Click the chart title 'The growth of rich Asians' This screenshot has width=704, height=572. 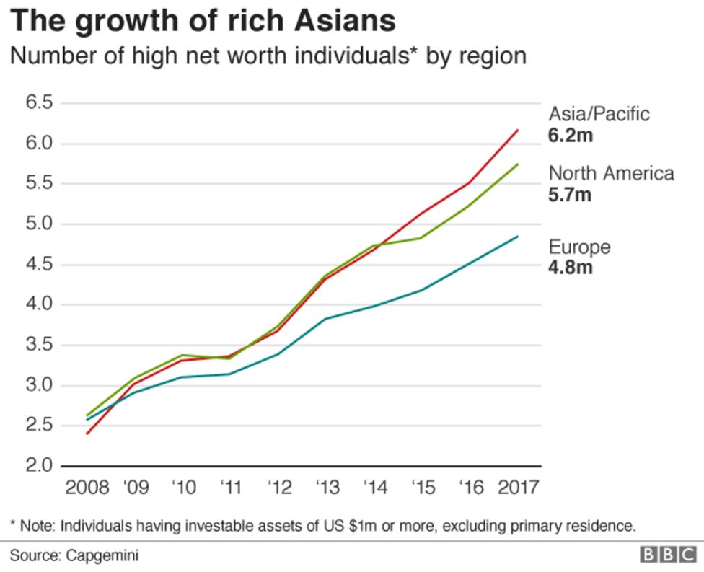point(203,20)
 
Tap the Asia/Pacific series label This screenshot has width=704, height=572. point(599,114)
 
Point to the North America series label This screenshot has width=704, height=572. point(611,173)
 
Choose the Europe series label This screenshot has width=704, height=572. point(579,247)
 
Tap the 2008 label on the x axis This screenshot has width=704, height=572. point(87,488)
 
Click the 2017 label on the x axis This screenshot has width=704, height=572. point(518,488)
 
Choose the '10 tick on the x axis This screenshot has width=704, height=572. point(183,488)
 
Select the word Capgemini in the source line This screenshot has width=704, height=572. point(102,555)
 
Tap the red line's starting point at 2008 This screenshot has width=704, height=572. point(87,434)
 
